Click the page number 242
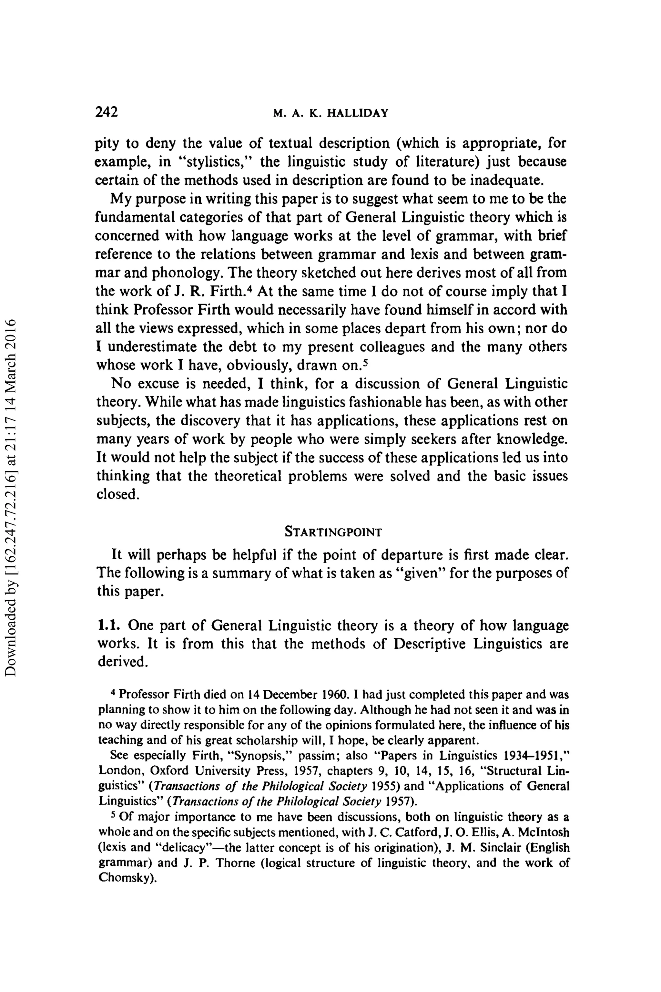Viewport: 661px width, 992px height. [x=106, y=112]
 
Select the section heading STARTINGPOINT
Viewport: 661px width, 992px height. [x=333, y=532]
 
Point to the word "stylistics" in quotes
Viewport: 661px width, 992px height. [x=215, y=162]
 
